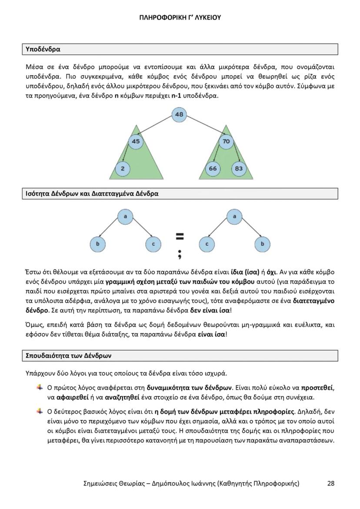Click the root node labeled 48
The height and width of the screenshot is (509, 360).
coord(179,115)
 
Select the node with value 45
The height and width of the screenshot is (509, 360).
coord(136,141)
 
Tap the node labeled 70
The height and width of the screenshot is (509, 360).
coord(226,141)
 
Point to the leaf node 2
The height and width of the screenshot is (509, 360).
coord(123,169)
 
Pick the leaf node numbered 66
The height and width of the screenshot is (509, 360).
coord(213,169)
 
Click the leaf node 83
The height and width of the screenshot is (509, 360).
coord(239,169)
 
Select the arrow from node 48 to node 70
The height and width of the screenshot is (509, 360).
coord(203,128)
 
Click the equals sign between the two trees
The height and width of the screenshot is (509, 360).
coord(180,236)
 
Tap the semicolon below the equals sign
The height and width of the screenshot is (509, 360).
coord(179,253)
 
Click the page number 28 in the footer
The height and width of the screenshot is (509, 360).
coord(331,483)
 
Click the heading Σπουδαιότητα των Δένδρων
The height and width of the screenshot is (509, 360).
coord(69,355)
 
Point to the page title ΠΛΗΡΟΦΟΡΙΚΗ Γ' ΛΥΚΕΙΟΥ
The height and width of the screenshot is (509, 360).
coord(180,17)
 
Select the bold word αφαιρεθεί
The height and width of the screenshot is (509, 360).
coord(71,397)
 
